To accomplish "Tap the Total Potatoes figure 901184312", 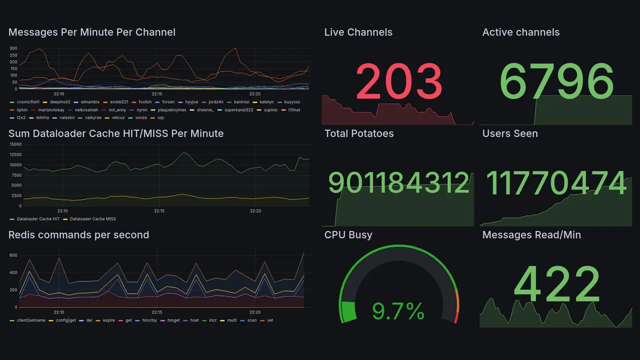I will coord(398,183).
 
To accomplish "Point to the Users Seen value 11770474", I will coord(556,183).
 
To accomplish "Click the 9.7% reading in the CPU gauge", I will coord(398,312).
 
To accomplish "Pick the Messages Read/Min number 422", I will coord(556,285).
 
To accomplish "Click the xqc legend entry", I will coord(161,118).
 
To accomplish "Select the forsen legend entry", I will coord(168,102).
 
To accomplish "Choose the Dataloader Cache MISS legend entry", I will coord(92,219).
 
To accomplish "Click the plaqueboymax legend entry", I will coord(171,110).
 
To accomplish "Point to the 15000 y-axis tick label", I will coord(15,144).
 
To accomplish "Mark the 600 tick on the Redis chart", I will coord(13,255).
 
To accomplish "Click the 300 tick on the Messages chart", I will coord(13,48).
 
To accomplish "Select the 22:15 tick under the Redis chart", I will coord(157,312).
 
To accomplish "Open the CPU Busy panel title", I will coord(348,235).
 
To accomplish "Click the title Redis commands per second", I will coord(78,235).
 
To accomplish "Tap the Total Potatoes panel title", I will coord(358,133).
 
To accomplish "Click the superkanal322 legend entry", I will coord(238,110).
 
